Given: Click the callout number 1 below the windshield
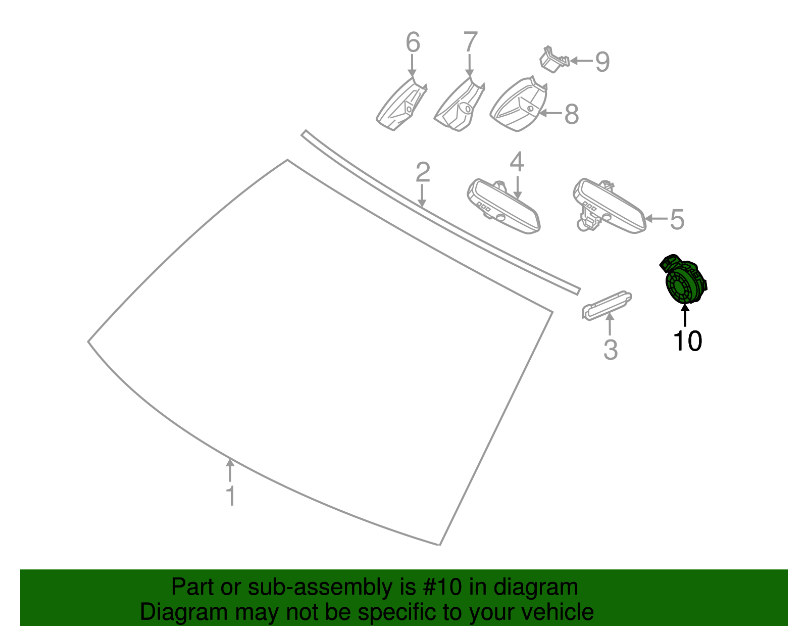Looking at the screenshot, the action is (x=231, y=496).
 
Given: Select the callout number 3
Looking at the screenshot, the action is (x=611, y=350).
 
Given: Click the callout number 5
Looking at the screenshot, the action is (x=677, y=219).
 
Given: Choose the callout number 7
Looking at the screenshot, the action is (x=470, y=41).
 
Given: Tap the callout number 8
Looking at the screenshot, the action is (x=572, y=114).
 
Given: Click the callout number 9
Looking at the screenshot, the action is (x=602, y=61).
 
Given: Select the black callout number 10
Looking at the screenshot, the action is (x=687, y=341).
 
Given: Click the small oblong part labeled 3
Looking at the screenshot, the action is (x=607, y=305).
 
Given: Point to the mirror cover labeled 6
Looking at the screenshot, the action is (x=401, y=104).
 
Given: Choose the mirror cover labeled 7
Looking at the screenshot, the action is (x=460, y=105).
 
